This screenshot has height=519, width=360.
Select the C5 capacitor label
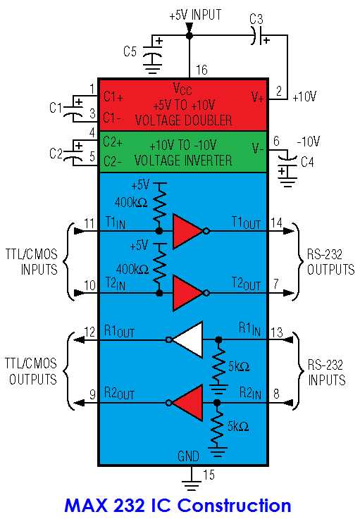tap(130, 51)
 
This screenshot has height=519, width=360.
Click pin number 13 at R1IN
tap(278, 332)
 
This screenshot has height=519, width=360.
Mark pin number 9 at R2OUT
tap(91, 396)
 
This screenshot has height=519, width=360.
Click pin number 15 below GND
tap(209, 475)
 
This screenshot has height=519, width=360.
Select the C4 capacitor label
tap(308, 162)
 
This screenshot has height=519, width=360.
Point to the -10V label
tap(307, 142)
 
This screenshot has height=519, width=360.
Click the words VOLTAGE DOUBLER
tap(183, 120)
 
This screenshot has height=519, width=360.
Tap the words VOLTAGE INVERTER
tap(183, 161)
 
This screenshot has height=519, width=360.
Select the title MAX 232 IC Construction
tap(177, 505)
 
